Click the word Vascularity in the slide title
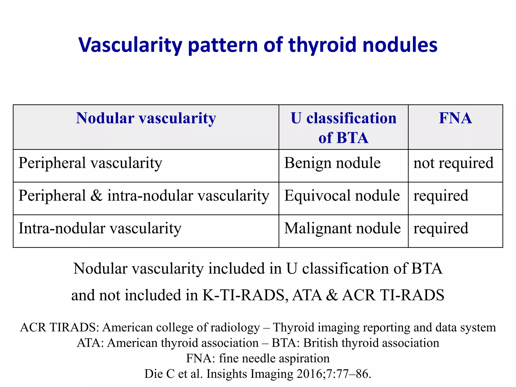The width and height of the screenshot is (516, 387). point(130,45)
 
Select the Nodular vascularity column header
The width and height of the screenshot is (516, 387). point(146,118)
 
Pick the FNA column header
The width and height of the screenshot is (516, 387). point(455,118)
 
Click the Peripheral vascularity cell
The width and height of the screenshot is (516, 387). point(90,163)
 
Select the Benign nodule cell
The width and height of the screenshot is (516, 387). point(332,163)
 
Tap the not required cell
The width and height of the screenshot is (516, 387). point(453,163)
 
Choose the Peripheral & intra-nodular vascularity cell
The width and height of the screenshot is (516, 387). point(144,196)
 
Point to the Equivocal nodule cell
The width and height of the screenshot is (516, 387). point(342,196)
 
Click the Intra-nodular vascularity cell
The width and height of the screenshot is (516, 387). point(100,229)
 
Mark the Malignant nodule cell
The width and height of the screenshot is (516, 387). point(342,229)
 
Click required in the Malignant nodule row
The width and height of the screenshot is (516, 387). point(441,229)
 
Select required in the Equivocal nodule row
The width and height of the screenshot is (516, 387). point(441,196)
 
